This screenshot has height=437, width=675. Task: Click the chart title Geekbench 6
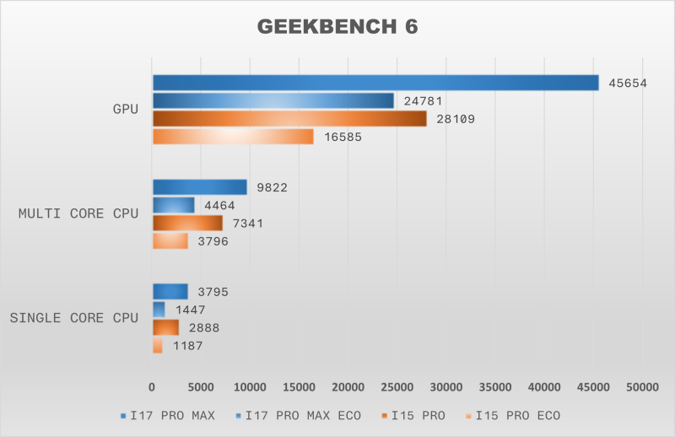tap(337, 27)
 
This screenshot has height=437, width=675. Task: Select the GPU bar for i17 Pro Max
tap(375, 83)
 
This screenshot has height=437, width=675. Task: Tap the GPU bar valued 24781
tap(273, 100)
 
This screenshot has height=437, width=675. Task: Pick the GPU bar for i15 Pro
tap(289, 119)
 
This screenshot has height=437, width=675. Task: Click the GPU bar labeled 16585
tap(233, 137)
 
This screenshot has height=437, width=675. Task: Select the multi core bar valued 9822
tap(200, 187)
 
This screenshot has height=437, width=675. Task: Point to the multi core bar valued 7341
tap(187, 223)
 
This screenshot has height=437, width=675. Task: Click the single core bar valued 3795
tap(170, 292)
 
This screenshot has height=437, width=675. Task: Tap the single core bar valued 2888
tap(165, 327)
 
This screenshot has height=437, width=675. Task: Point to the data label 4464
tap(218, 205)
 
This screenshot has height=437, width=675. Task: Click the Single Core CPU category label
tap(73, 318)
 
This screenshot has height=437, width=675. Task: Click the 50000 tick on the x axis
tap(642, 387)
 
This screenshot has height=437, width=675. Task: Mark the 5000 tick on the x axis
tap(201, 387)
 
